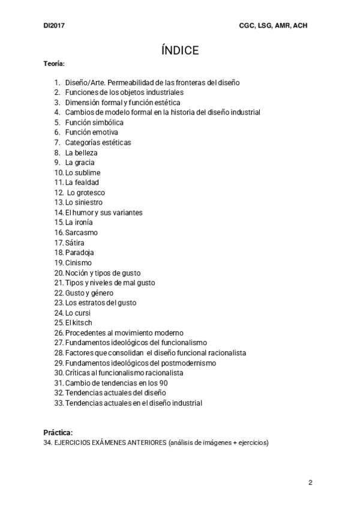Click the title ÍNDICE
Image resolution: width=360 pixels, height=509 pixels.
point(180,50)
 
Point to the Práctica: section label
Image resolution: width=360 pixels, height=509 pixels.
point(58,433)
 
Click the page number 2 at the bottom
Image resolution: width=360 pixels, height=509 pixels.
point(310,483)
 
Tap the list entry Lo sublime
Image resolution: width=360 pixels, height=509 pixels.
point(83,172)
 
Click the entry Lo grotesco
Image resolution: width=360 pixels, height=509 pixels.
point(86,193)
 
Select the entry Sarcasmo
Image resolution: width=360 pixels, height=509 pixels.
point(82,233)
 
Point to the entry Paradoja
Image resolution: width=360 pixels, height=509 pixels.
point(80,253)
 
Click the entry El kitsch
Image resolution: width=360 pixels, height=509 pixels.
point(79,323)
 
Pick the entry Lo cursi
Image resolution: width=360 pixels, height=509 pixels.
point(79,313)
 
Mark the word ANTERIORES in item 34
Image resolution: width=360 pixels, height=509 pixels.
point(142,444)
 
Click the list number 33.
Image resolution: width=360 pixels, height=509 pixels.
point(59,403)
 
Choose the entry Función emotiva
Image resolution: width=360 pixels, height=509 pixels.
point(92,133)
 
